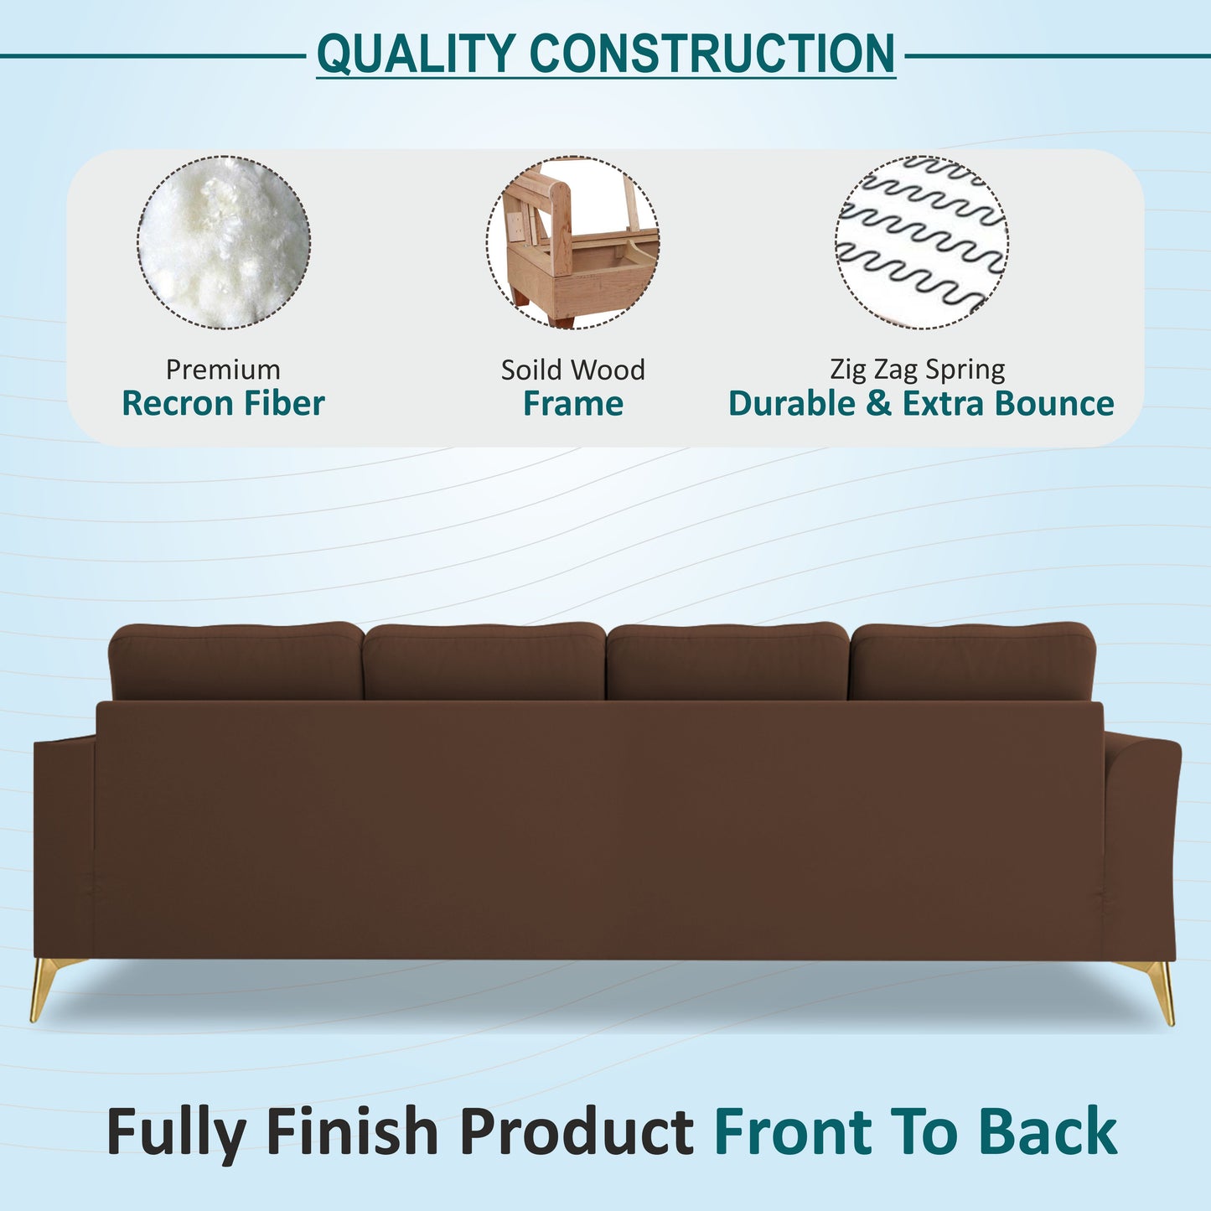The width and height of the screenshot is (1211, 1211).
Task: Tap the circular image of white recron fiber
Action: [224, 242]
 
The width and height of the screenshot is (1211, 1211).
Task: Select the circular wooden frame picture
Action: [573, 242]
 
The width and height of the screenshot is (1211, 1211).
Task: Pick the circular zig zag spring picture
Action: [922, 242]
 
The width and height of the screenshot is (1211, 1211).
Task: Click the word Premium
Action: [223, 370]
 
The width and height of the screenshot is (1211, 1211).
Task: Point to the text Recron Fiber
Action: [223, 404]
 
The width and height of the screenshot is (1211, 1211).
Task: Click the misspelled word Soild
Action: [529, 370]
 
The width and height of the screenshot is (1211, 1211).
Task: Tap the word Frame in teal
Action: [573, 404]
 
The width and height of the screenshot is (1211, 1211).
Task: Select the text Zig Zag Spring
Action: [918, 370]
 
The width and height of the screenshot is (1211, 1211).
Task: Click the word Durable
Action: [793, 404]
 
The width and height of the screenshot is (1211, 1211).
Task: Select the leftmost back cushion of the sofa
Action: [236, 662]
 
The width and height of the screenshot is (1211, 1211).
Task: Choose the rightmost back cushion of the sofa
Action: [972, 662]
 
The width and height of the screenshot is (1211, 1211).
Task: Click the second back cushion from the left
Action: [484, 662]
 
